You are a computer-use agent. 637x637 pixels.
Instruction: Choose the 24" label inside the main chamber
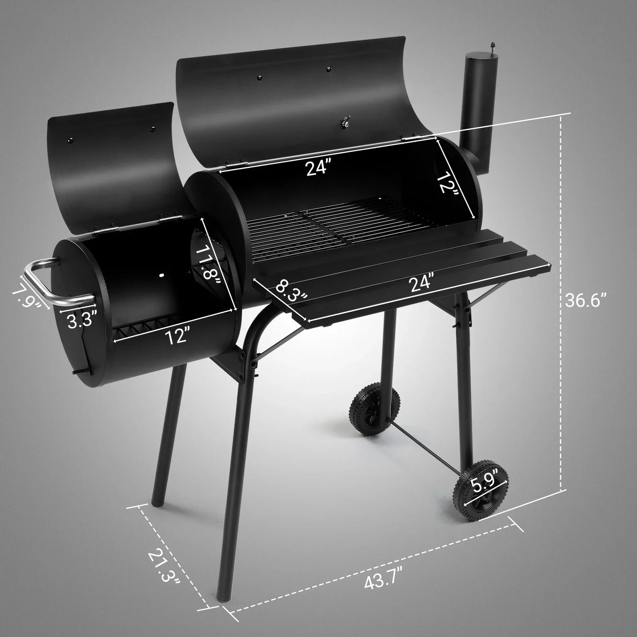(318, 168)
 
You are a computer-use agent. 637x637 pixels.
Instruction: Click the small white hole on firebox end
(161, 276)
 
